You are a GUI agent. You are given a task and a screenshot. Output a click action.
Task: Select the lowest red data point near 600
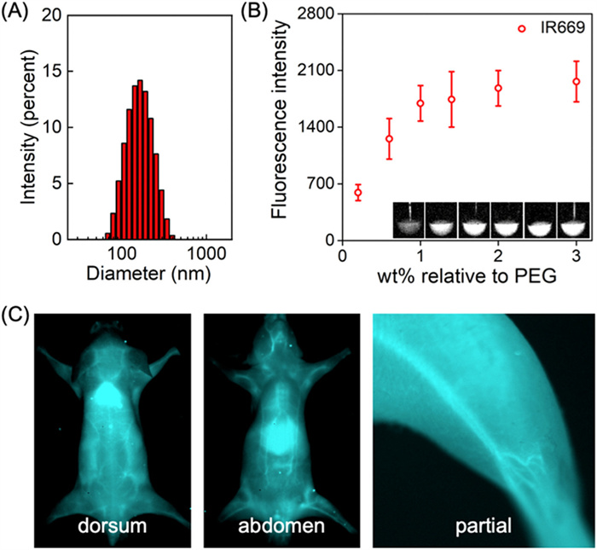[x=358, y=193]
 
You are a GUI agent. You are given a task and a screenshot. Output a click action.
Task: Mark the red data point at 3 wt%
[x=577, y=82]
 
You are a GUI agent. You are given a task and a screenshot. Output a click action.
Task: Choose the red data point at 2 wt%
[x=498, y=88]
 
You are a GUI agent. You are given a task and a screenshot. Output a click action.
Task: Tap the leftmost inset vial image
[x=409, y=220]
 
